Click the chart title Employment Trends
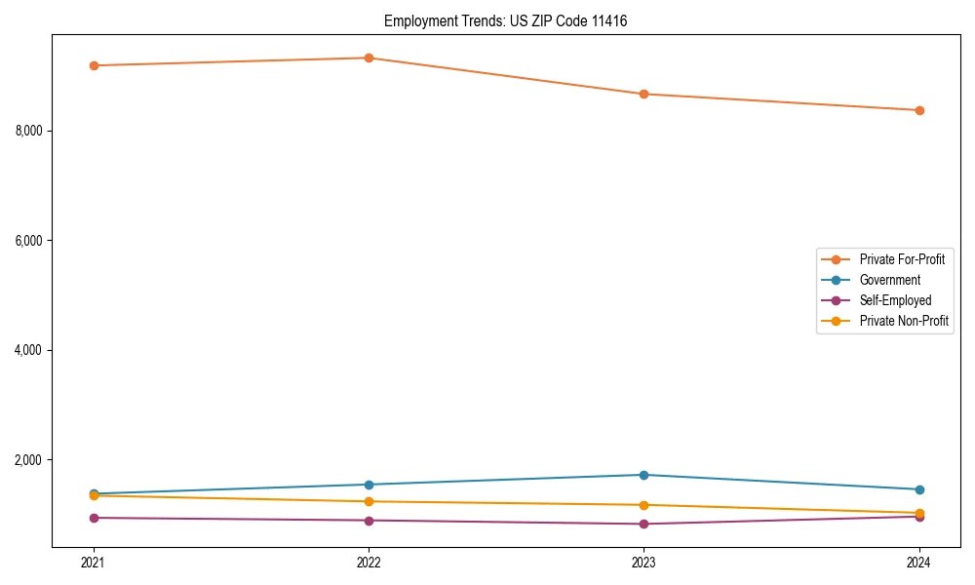point(505,20)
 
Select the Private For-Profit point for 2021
point(94,65)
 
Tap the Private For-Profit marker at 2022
point(369,58)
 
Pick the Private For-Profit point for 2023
point(643,94)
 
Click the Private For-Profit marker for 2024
point(919,110)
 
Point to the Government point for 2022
point(369,485)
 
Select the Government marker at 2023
point(643,475)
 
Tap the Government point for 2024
point(919,489)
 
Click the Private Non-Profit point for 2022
point(369,501)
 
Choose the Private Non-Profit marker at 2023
point(643,505)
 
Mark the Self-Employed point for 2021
point(94,518)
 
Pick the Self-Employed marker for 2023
point(643,524)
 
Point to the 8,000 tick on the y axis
point(34,131)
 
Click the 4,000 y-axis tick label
point(34,350)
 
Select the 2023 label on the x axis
point(643,562)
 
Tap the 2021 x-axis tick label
point(94,562)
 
